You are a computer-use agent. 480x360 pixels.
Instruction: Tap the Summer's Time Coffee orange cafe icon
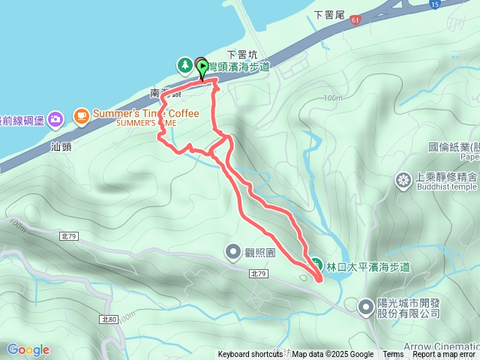tap(81, 116)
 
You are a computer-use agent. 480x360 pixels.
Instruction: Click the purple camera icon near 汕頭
tap(55, 118)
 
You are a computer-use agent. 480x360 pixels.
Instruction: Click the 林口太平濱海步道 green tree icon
tap(316, 266)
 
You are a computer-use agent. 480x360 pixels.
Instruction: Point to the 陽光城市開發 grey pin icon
tap(365, 306)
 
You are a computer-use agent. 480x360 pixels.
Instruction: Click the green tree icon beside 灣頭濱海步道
tap(184, 66)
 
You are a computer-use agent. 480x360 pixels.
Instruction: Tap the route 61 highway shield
tap(354, 20)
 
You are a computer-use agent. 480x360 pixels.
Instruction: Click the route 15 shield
tap(435, 4)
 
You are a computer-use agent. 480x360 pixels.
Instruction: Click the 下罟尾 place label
tap(328, 13)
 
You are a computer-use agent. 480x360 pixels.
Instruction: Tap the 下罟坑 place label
tap(241, 54)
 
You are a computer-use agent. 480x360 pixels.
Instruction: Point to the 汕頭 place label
tap(61, 146)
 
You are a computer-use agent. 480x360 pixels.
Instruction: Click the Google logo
tap(28, 349)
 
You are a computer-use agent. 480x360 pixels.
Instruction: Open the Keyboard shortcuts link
tap(250, 355)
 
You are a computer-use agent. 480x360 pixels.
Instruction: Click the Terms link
tap(393, 355)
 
